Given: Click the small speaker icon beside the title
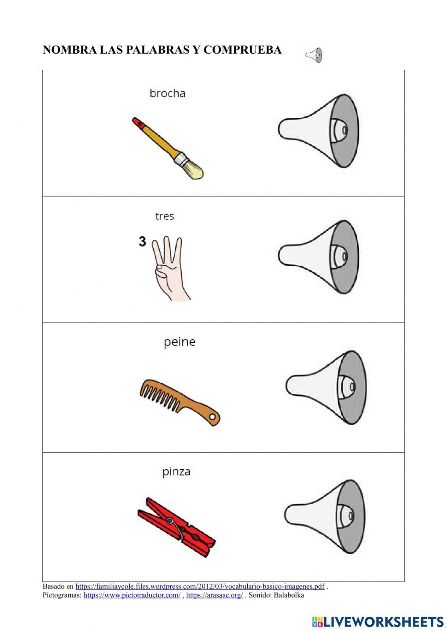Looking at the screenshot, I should click(314, 55).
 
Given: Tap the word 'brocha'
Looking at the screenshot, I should click(167, 93).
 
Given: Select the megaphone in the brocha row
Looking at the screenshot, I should click(319, 130).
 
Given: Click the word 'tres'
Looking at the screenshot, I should click(164, 216).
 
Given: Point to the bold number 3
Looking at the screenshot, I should click(142, 242).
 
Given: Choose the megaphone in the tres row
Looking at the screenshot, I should click(319, 257).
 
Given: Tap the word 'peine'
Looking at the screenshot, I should click(179, 342).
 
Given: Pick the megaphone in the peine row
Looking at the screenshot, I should click(326, 387).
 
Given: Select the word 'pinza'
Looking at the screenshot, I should click(176, 472).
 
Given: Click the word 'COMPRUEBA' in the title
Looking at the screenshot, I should click(242, 50).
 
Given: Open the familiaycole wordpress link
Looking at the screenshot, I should click(200, 586).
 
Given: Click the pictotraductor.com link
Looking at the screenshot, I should click(132, 595).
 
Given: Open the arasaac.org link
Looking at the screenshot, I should click(215, 595).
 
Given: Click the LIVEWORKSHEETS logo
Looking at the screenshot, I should click(378, 621).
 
